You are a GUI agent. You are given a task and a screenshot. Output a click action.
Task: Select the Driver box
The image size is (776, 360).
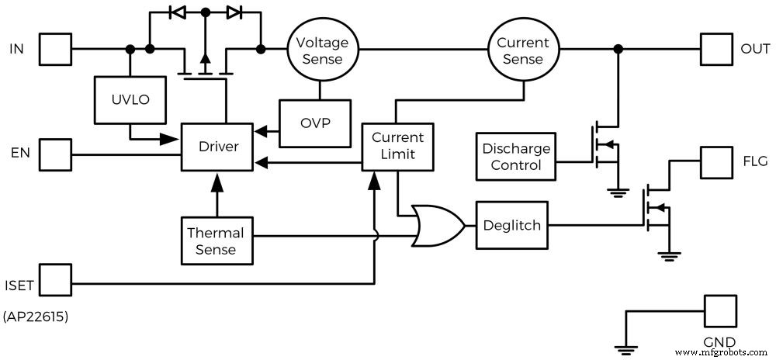point(218,147)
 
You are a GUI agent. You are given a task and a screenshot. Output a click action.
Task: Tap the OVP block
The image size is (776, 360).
point(315,123)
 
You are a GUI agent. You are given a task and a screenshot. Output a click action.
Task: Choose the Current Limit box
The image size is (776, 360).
point(398,146)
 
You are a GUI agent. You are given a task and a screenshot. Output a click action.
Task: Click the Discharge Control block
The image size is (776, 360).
point(516,155)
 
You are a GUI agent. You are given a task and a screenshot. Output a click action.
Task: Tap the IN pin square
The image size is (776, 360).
point(56,50)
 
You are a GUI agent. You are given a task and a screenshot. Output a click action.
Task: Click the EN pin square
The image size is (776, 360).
point(56,154)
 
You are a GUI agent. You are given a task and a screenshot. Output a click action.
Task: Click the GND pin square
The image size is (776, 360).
point(719,313)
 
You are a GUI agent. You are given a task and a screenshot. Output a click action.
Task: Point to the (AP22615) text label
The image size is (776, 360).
point(36,317)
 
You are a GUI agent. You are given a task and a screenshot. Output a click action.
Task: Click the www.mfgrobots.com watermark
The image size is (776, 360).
point(723,351)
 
